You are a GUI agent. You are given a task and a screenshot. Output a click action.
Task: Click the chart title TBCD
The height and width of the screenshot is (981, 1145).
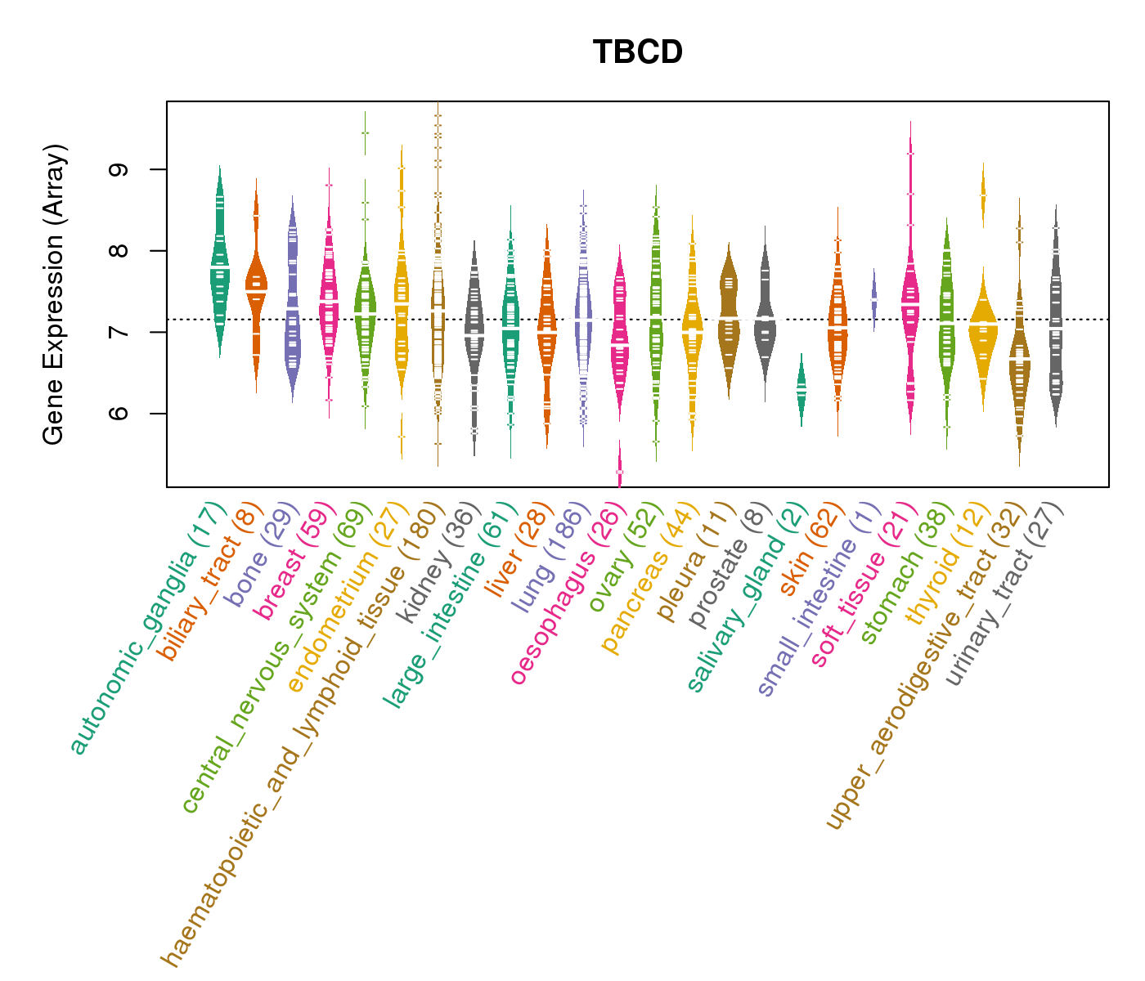(638, 52)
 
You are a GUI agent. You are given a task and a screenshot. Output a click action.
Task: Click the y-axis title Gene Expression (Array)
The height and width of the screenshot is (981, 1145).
(53, 295)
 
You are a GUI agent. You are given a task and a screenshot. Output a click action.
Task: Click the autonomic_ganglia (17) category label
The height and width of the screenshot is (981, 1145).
(147, 629)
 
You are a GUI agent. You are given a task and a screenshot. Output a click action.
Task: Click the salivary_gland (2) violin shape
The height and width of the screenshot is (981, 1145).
(801, 391)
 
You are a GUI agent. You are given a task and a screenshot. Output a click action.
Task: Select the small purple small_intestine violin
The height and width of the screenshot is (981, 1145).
(873, 298)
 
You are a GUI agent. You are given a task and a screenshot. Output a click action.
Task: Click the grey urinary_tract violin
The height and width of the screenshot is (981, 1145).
(1055, 327)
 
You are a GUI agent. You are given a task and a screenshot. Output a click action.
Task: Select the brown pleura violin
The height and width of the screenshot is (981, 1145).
(729, 311)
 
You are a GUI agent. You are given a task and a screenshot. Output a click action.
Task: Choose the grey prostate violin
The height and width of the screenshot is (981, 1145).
(766, 327)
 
